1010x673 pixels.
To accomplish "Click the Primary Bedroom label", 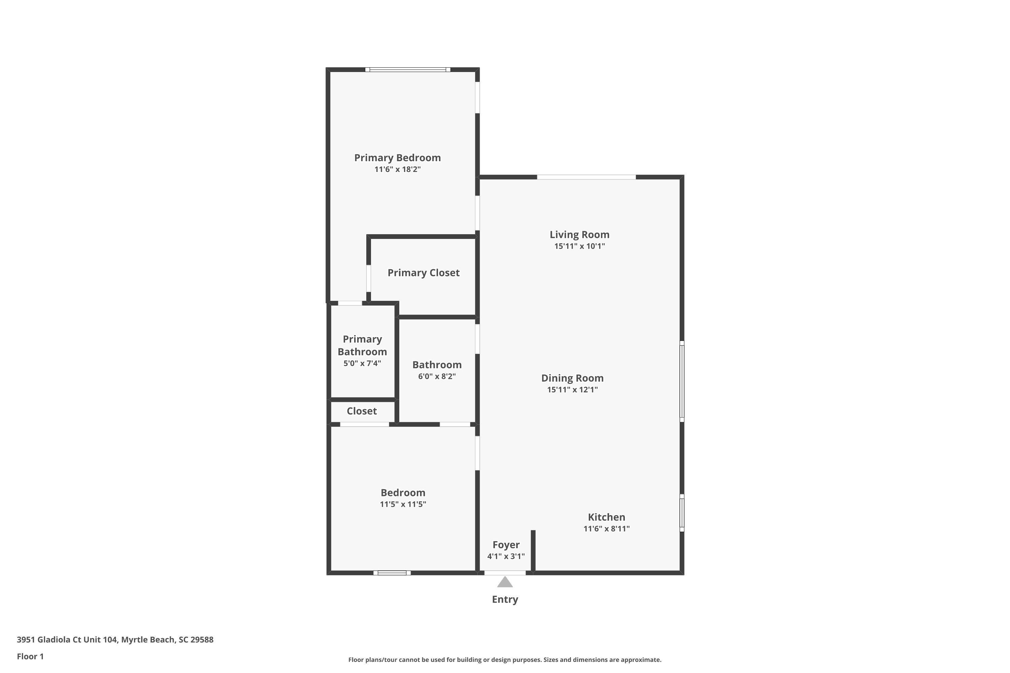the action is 397,158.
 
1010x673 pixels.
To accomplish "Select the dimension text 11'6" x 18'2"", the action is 397,169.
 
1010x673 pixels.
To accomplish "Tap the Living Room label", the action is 579,235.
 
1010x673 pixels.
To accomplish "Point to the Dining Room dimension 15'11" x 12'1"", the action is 572,390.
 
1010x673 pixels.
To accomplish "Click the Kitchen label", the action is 606,517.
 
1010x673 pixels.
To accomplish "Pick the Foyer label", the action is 506,545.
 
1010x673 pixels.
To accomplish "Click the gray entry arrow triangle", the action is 505,582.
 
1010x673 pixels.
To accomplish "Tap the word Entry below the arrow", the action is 505,599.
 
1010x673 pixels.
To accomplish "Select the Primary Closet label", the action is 424,273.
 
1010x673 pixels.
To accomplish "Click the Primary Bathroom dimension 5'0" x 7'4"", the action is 362,363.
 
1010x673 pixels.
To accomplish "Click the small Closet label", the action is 362,411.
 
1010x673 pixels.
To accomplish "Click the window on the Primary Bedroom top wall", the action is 408,70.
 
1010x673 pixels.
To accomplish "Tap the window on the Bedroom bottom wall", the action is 392,573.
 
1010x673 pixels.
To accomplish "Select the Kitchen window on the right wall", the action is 682,513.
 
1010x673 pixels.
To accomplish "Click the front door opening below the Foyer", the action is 505,573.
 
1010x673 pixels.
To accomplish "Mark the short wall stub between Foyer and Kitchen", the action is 533,551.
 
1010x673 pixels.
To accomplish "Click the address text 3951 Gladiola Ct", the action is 67,640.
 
